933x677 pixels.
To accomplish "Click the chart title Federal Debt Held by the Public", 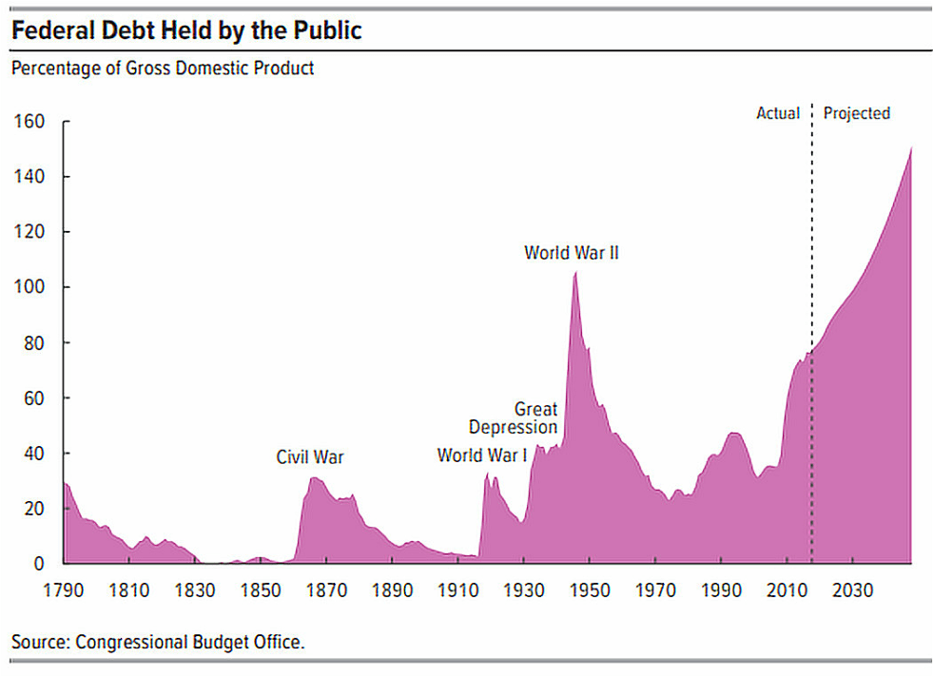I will tap(186, 30).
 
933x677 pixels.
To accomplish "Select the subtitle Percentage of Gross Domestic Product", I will tap(163, 68).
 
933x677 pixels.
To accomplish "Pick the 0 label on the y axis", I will tap(40, 563).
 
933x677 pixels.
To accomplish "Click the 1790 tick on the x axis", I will tap(64, 590).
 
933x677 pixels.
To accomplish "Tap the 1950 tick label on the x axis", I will tap(589, 590).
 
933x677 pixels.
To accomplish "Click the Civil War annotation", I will tap(310, 457).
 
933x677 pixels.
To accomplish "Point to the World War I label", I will tap(482, 455).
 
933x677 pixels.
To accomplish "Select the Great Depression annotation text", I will tap(515, 418).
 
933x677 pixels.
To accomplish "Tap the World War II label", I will tap(572, 253).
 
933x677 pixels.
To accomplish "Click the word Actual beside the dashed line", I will tap(778, 113).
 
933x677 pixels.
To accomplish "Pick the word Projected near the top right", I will tap(856, 113).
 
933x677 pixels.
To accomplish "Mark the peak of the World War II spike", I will tap(574, 273).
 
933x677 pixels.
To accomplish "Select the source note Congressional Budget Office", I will tap(158, 642).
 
